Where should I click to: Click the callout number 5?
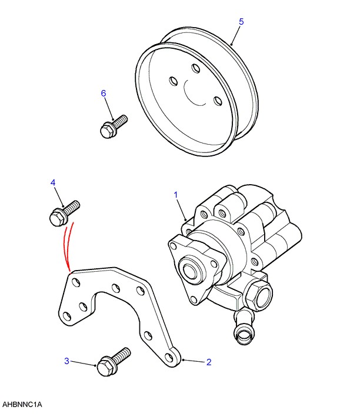241,22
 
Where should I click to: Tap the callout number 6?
104,93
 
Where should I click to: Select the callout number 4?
53,183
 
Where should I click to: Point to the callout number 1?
176,195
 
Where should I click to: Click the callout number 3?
66,361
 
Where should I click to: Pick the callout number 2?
209,362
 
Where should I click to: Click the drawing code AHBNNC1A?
22,405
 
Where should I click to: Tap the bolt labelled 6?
114,126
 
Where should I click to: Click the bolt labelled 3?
114,362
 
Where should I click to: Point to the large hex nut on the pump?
258,295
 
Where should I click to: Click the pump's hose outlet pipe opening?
243,335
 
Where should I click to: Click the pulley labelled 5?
197,91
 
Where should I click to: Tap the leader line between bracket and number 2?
194,361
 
